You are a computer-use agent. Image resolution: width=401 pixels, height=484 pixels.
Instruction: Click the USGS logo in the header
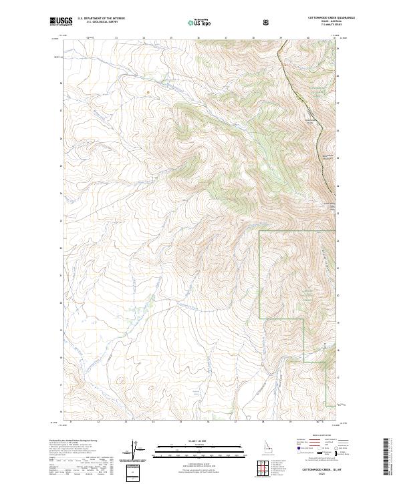pyautogui.click(x=61, y=22)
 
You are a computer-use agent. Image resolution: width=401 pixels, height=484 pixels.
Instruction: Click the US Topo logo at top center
pyautogui.click(x=196, y=23)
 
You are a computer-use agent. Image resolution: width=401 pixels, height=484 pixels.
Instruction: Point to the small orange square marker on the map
pyautogui.click(x=148, y=92)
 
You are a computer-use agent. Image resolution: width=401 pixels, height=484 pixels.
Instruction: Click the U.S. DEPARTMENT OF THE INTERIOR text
pyautogui.click(x=101, y=19)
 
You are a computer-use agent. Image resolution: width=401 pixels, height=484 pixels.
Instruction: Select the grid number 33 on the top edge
pyautogui.click(x=116, y=38)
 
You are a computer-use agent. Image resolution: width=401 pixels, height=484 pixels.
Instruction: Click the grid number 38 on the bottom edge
pyautogui.click(x=263, y=422)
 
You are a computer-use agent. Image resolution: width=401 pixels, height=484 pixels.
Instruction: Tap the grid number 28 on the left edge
pyautogui.click(x=61, y=83)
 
